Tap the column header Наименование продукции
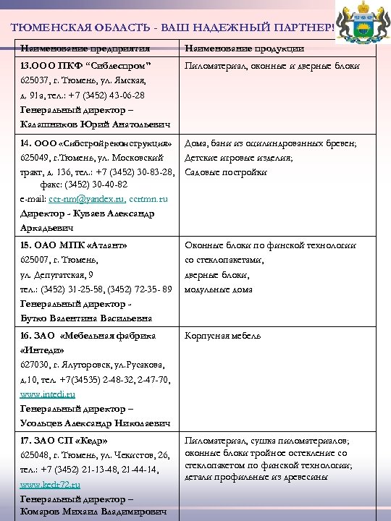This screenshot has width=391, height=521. pyautogui.click(x=244, y=48)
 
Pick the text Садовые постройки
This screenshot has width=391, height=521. pyautogui.click(x=226, y=172)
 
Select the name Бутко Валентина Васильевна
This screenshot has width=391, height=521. pyautogui.click(x=85, y=318)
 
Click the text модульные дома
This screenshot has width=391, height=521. pyautogui.click(x=219, y=289)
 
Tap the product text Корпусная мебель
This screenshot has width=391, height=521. pyautogui.click(x=218, y=336)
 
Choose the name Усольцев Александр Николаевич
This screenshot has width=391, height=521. pyautogui.click(x=95, y=423)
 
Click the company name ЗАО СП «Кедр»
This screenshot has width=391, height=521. pyautogui.click(x=64, y=440)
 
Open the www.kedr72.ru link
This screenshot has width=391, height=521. pyautogui.click(x=50, y=484)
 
